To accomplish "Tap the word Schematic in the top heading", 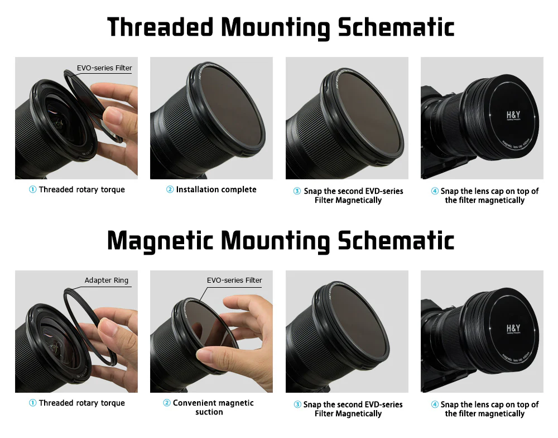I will pyautogui.click(x=396, y=27).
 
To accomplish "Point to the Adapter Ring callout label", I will pyautogui.click(x=106, y=280).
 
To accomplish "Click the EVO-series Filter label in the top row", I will pyautogui.click(x=104, y=68).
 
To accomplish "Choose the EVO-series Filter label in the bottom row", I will pyautogui.click(x=234, y=280).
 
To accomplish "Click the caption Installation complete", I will pyautogui.click(x=216, y=189).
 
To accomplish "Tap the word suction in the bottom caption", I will pyautogui.click(x=209, y=412).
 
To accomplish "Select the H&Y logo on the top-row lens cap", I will pyautogui.click(x=513, y=116).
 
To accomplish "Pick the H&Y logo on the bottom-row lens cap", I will pyautogui.click(x=513, y=329).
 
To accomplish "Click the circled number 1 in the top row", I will pyautogui.click(x=33, y=190).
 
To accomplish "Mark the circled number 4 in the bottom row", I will pyautogui.click(x=435, y=404).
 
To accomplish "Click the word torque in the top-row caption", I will pyautogui.click(x=112, y=189).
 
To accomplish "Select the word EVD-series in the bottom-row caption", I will pyautogui.click(x=382, y=404).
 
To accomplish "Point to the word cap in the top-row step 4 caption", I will pyautogui.click(x=497, y=191).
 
